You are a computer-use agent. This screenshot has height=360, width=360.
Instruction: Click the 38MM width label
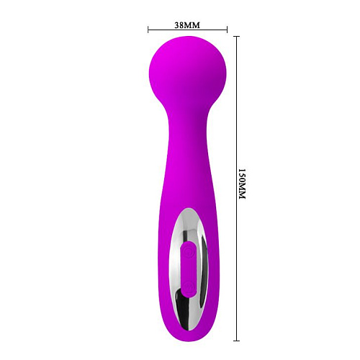point(187,24)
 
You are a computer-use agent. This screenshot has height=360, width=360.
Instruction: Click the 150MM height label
point(242,185)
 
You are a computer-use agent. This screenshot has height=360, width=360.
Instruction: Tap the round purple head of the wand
point(187,71)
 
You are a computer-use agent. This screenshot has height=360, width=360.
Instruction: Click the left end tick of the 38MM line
point(148,30)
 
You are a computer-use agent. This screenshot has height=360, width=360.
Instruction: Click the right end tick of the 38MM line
point(228,30)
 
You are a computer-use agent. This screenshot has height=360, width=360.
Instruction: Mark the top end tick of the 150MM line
point(235,35)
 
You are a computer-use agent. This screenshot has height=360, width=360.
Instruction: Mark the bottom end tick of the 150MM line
point(235,338)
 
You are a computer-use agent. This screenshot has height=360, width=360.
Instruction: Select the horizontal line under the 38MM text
point(188,30)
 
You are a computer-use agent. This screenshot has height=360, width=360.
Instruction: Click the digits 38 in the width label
point(179,24)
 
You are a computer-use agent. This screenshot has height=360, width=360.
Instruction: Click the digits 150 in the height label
point(242,177)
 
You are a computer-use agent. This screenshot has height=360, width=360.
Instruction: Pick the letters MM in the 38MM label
point(193,24)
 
